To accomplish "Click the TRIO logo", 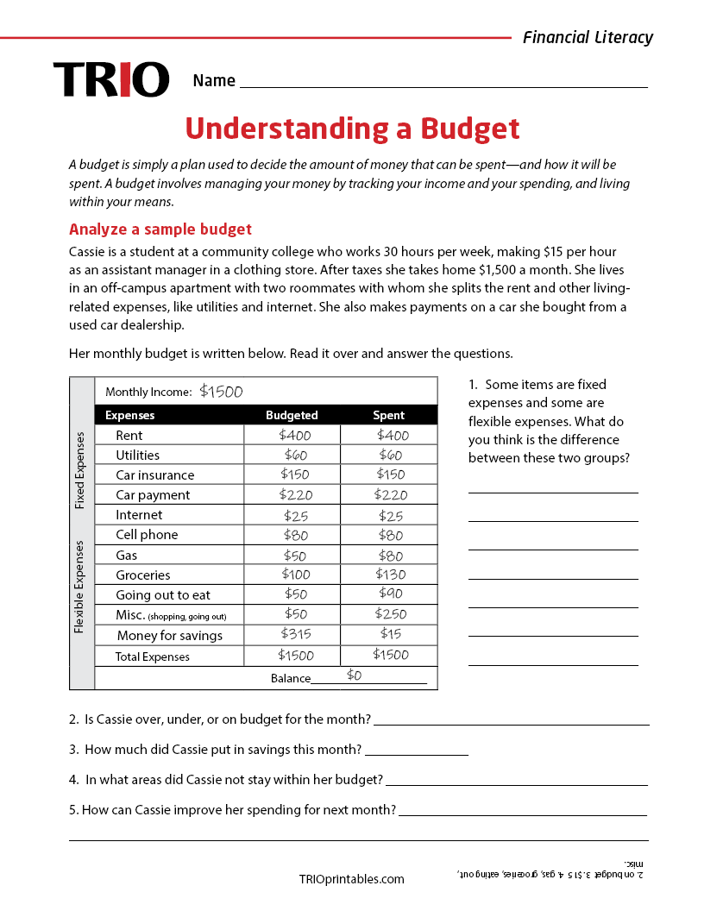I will click(110, 79).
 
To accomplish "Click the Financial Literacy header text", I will click(588, 37).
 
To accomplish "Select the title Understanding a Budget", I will click(352, 129).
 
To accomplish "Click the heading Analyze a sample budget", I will click(160, 229).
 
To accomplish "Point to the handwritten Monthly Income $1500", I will click(221, 392).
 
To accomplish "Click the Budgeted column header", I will click(292, 415).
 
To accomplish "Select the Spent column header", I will click(388, 415).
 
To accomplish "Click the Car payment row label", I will click(153, 495).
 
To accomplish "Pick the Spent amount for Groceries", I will click(390, 575).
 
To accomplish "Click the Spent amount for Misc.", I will click(390, 614).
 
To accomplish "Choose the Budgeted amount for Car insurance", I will click(295, 474).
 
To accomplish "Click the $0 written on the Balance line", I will click(355, 675).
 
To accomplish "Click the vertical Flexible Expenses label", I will click(80, 587).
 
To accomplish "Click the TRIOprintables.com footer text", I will click(351, 879).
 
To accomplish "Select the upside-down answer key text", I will click(552, 872).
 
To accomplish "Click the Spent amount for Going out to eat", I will click(390, 594).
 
